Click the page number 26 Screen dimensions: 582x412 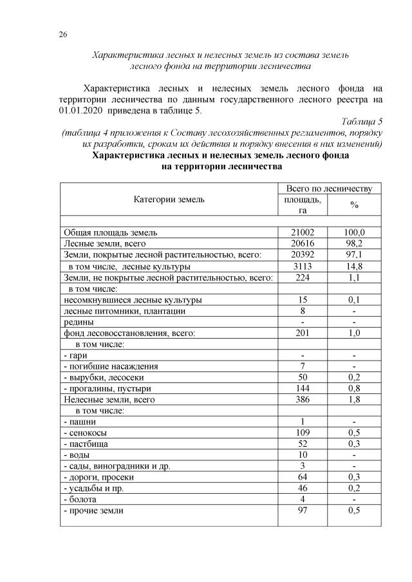[x=63, y=34]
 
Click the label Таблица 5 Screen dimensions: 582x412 [x=362, y=121]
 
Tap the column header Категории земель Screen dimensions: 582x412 [x=169, y=199]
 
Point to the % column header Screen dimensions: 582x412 [x=354, y=204]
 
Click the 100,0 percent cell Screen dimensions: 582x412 [x=354, y=232]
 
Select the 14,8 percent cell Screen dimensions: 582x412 [x=354, y=266]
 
